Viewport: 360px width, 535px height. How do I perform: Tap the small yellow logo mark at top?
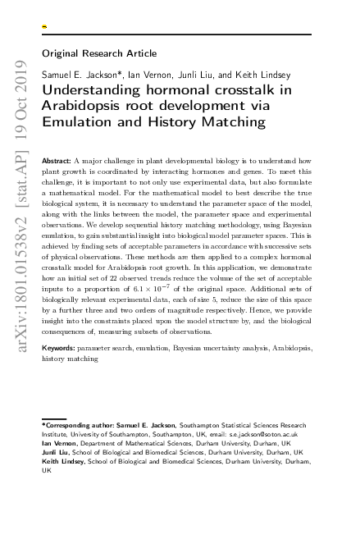coord(44,26)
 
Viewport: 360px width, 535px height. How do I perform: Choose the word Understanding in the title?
coord(93,91)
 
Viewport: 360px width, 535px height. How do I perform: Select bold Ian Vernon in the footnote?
coord(59,443)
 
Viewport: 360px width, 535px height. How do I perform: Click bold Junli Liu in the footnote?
coord(56,452)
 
